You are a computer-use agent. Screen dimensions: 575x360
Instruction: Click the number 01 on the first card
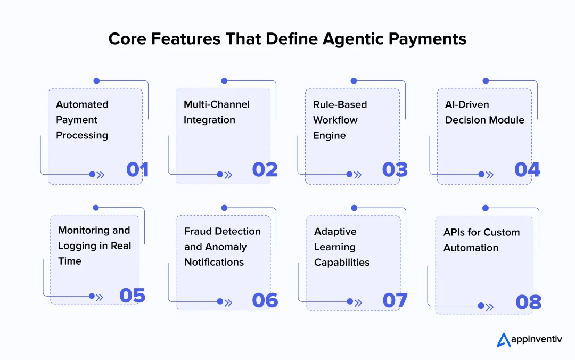point(137,169)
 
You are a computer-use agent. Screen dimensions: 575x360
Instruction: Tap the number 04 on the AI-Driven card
point(527,169)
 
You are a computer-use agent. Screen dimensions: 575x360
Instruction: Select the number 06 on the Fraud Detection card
point(265,300)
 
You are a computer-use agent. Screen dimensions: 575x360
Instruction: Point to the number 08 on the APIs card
point(529,302)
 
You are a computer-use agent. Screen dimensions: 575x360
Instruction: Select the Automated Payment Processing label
point(82,120)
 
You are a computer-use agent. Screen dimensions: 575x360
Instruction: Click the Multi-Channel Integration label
point(216,112)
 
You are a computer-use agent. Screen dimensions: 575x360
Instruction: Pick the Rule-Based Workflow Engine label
point(340,120)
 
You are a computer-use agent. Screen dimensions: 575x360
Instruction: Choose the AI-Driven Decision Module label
point(484,112)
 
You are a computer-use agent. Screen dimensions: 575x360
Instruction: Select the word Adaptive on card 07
point(335,232)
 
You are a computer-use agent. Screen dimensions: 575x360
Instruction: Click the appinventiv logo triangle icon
point(504,340)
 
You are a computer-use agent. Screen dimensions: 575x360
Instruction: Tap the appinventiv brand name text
point(537,339)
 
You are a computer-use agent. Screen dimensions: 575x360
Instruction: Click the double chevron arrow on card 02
point(228,175)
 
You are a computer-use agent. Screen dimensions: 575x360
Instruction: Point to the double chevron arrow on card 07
point(358,303)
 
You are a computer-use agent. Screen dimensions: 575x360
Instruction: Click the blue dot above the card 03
point(354,81)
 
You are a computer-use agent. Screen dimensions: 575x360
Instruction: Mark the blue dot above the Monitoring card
point(96,208)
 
